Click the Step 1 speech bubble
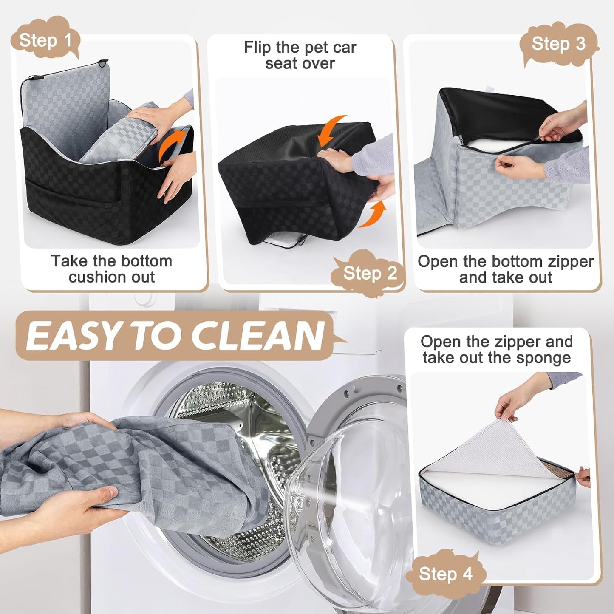(45, 41)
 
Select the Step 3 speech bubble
(558, 44)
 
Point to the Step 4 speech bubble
(445, 574)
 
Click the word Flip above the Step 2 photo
(257, 48)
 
